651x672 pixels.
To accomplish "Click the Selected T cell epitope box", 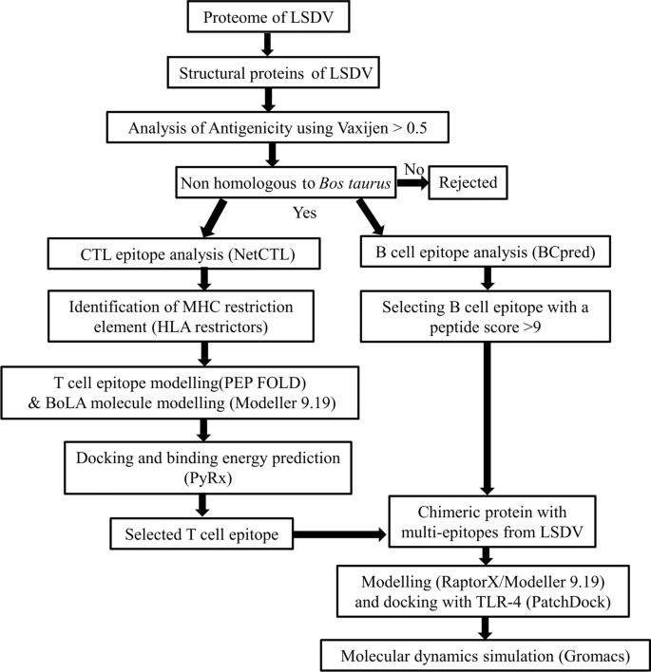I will [x=201, y=535].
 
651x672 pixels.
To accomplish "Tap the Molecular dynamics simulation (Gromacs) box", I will [x=486, y=656].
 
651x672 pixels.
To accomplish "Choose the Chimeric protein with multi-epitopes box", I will [x=488, y=523].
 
